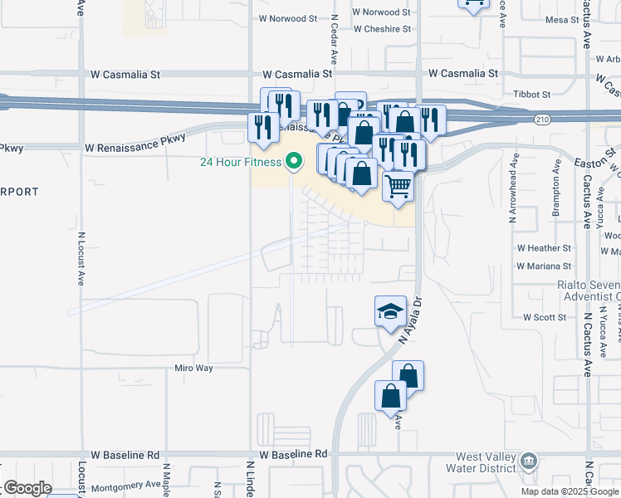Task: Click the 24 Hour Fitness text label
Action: coord(240,162)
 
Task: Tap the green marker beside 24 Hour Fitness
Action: coord(293,161)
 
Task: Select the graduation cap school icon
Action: coord(391,311)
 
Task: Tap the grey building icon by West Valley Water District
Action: coord(529,461)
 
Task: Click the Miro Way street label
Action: coord(193,368)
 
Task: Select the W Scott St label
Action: coord(544,317)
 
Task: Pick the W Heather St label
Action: coord(544,248)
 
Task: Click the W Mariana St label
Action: coord(544,266)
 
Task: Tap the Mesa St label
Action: coord(561,19)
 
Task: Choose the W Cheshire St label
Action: coord(382,29)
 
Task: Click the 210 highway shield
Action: coord(541,120)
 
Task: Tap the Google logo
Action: coord(27,487)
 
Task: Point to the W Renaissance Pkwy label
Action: coord(131,148)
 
